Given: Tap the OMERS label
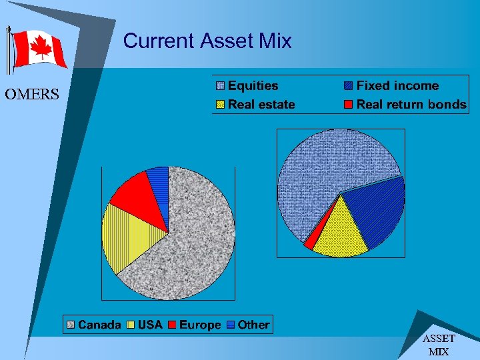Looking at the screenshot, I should point(31,95).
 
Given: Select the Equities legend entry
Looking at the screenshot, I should point(252,86).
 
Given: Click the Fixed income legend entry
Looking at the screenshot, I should point(397,86).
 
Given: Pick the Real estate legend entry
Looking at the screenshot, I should point(261,104).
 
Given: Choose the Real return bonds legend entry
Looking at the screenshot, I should point(411,104).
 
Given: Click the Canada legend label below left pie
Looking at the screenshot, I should point(99,325).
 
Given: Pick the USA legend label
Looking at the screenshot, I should point(150,325).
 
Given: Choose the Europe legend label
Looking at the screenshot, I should point(199,325).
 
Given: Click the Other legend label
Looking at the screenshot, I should point(253,325).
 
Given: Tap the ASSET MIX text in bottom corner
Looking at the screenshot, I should point(438,345).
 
